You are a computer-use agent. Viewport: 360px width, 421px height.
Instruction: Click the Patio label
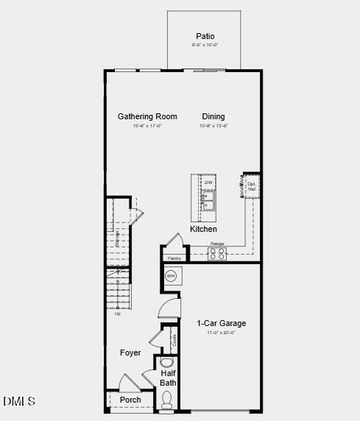point(205,36)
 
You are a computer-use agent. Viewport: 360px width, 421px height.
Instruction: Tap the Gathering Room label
point(147,116)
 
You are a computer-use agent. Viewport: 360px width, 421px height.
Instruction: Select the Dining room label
point(213,116)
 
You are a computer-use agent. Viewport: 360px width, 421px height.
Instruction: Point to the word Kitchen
point(203,229)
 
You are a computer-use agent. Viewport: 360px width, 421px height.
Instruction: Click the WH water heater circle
point(171,276)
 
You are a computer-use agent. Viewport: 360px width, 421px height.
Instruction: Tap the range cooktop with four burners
point(217,253)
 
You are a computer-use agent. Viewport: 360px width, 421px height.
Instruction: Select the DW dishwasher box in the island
point(208,183)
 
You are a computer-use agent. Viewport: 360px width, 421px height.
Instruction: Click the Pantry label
point(174,258)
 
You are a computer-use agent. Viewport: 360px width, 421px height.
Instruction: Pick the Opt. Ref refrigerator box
point(251,186)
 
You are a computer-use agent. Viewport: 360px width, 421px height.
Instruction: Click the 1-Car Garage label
point(221,323)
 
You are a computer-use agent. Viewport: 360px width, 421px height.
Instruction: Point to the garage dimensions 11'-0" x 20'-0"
point(221,333)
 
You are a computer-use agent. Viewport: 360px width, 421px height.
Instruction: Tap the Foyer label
point(130,353)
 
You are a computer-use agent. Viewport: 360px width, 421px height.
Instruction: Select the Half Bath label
point(169,378)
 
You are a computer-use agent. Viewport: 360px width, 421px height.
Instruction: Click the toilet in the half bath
point(167,399)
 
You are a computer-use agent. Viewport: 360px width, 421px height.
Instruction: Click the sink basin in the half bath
point(166,362)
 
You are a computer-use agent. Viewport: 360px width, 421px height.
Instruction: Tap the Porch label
point(130,400)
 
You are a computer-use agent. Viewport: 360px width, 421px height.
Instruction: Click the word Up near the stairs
point(117,314)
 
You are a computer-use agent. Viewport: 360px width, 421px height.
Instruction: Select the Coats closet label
point(174,340)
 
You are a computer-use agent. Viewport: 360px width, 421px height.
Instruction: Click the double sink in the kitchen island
point(208,201)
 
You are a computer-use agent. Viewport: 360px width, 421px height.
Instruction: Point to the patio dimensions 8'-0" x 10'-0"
point(205,45)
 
